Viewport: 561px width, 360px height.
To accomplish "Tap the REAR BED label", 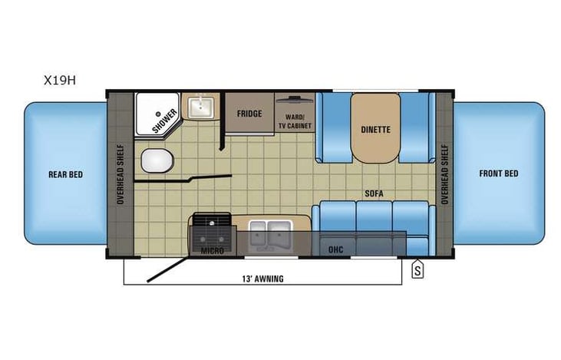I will click(65, 174).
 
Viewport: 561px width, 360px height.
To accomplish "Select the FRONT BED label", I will click(499, 173).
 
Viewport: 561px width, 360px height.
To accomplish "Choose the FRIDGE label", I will click(249, 114).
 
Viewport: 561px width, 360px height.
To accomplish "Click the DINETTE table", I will click(376, 128).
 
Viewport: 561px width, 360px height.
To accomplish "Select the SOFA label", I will click(375, 193).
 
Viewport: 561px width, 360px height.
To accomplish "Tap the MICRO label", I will click(212, 250).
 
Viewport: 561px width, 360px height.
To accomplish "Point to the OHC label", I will click(335, 250).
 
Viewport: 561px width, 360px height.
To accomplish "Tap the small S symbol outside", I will click(417, 269).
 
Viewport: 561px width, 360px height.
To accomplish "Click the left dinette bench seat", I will click(334, 127).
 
